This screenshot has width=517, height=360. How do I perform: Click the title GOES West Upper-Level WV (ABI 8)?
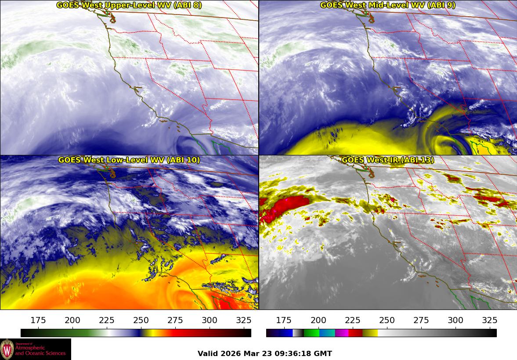(x=129, y=5)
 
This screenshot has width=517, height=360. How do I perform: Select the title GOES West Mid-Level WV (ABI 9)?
(x=387, y=5)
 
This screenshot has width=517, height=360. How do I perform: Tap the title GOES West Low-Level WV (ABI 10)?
(x=129, y=160)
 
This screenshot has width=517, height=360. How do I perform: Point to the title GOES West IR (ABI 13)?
(x=387, y=160)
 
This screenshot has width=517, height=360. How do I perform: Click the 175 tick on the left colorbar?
(x=39, y=320)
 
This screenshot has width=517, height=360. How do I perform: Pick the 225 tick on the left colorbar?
(x=107, y=320)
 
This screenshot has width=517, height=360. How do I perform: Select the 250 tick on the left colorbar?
(x=141, y=320)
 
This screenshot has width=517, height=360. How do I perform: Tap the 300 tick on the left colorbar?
(x=210, y=320)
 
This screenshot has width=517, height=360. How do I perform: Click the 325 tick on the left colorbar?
(x=244, y=320)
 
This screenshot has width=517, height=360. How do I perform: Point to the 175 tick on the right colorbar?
(x=284, y=320)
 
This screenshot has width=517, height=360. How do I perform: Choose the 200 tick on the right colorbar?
(x=318, y=320)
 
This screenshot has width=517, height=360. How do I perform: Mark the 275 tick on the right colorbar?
(x=421, y=320)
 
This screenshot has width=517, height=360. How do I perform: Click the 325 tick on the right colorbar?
(x=490, y=320)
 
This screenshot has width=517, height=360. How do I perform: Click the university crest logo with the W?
(x=7, y=349)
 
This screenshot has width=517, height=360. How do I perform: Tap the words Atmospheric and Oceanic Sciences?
(x=40, y=350)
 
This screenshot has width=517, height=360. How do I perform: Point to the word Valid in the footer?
(x=207, y=353)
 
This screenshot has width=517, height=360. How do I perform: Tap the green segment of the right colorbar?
(x=312, y=333)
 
